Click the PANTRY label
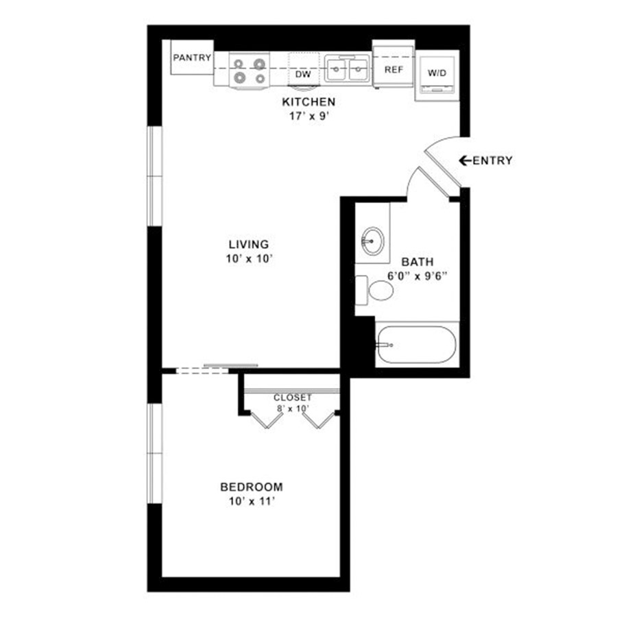[192, 58]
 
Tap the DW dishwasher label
[303, 74]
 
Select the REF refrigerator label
[394, 70]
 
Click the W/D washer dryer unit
[437, 75]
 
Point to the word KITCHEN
[308, 102]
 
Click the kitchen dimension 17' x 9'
[309, 117]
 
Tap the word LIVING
[249, 244]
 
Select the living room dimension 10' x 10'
[249, 259]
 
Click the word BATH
[418, 262]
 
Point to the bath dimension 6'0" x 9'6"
[418, 276]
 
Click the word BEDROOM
[252, 487]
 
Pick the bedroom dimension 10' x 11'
[252, 502]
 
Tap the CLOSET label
[292, 398]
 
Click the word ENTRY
[493, 160]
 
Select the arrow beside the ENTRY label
[465, 160]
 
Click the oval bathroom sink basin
[372, 241]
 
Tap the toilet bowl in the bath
[381, 291]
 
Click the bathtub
[417, 345]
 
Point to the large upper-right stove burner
[259, 64]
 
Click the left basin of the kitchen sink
[337, 70]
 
